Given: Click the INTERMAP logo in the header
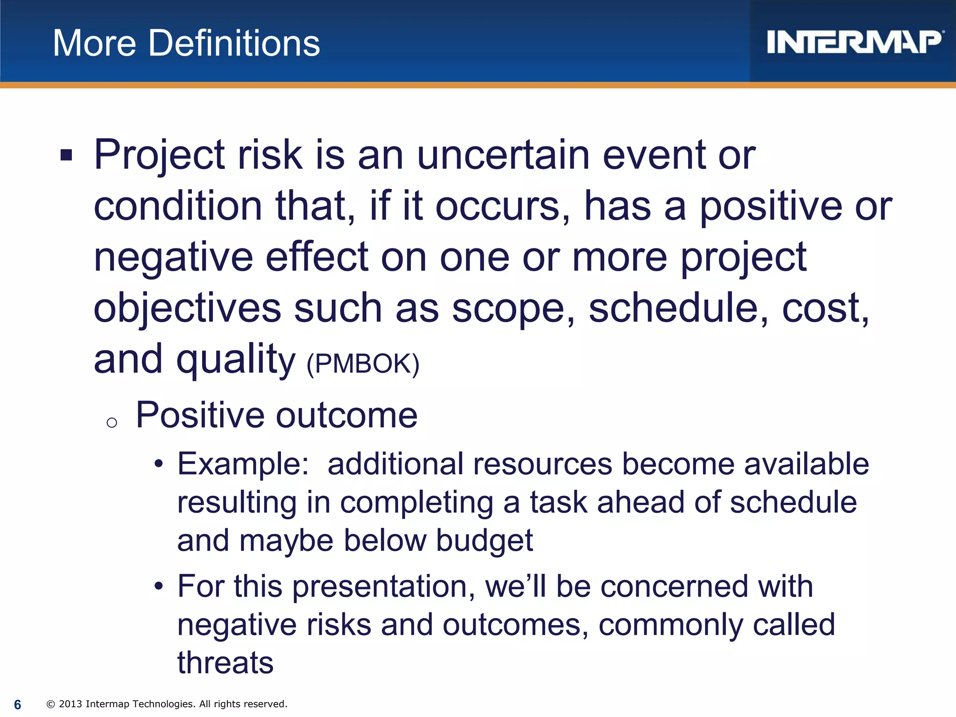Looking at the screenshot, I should tap(854, 42).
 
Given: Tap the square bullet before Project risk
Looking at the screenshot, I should tap(66, 155).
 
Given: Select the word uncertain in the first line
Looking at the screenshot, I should tap(503, 155).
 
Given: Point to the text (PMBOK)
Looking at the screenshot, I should tap(363, 364).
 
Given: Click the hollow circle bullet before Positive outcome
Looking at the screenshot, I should tap(112, 423).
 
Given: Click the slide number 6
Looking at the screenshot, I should tap(18, 704).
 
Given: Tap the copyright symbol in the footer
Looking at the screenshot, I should tap(51, 704).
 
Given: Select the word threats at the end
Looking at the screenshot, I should tap(225, 663).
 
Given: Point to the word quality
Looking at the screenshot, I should tap(236, 359).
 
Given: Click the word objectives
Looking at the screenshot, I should tap(187, 308).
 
